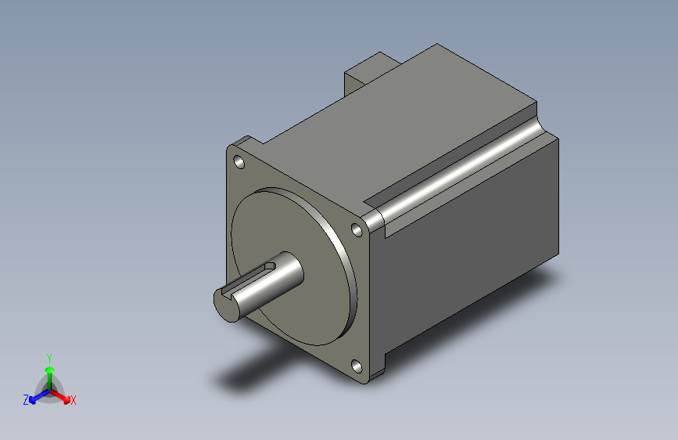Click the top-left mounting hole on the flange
click(x=239, y=162)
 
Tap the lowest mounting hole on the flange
click(x=357, y=366)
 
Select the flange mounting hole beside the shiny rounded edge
click(x=357, y=230)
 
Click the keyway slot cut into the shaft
click(x=249, y=279)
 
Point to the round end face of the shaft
click(x=227, y=306)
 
